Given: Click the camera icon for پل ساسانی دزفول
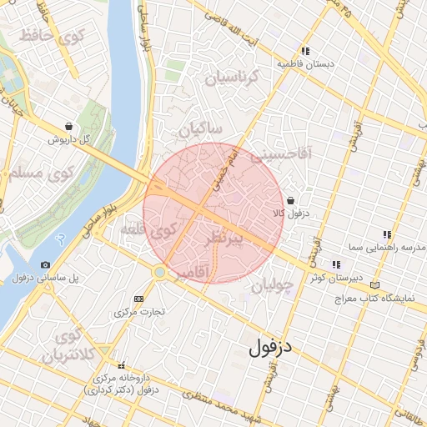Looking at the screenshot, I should (45, 264).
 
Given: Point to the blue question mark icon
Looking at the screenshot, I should (59, 239).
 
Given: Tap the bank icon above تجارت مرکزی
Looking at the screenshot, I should (138, 299).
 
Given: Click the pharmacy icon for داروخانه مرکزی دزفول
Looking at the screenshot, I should (122, 364).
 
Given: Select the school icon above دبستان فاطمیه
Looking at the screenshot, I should (306, 51).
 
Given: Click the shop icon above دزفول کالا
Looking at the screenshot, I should (289, 200).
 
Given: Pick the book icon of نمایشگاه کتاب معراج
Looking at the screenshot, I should (384, 284).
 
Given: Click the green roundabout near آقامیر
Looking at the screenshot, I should (159, 272).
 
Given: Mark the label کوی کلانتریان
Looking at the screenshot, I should (64, 346).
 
